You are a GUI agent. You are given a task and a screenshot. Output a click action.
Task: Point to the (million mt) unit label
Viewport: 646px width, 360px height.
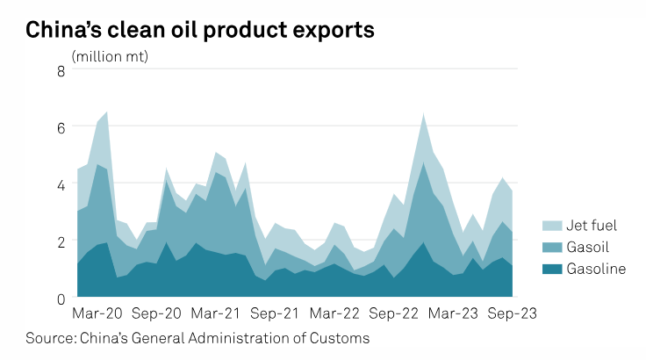pyautogui.click(x=110, y=57)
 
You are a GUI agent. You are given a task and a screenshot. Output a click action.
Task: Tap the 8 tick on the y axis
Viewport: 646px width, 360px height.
pyautogui.click(x=61, y=71)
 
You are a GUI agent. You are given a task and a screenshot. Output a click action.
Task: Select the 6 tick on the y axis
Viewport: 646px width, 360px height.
pyautogui.click(x=61, y=128)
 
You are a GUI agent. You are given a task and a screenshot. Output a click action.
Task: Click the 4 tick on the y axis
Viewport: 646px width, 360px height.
pyautogui.click(x=61, y=185)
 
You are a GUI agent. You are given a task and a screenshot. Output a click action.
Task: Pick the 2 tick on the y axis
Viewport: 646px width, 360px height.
pyautogui.click(x=61, y=241)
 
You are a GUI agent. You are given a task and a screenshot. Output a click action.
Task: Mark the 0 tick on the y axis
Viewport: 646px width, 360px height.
pyautogui.click(x=61, y=299)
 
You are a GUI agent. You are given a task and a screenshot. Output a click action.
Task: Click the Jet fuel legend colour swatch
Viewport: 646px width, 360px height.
pyautogui.click(x=553, y=227)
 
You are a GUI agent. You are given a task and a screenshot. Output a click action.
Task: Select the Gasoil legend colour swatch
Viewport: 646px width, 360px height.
pyautogui.click(x=553, y=248)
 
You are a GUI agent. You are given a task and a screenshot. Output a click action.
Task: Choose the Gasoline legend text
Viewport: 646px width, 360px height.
pyautogui.click(x=597, y=269)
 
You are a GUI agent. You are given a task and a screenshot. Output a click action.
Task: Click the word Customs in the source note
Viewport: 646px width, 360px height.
pyautogui.click(x=342, y=338)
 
